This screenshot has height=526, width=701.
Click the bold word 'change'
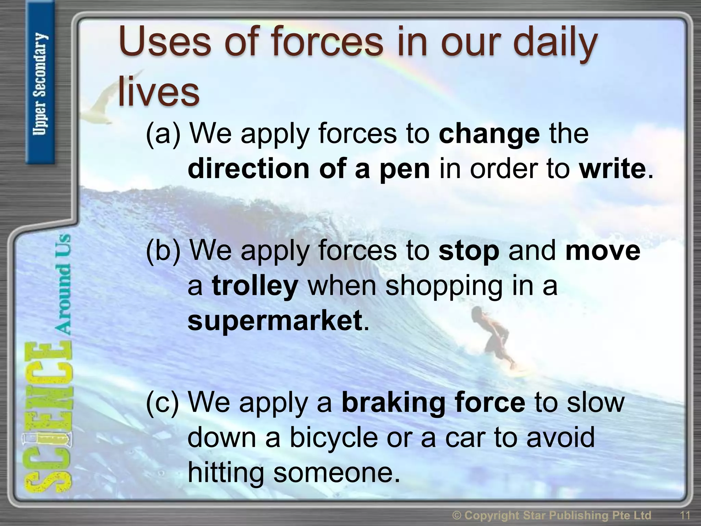click(489, 134)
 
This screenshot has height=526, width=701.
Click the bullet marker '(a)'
click(163, 134)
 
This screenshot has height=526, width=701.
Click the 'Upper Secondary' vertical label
click(40, 84)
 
